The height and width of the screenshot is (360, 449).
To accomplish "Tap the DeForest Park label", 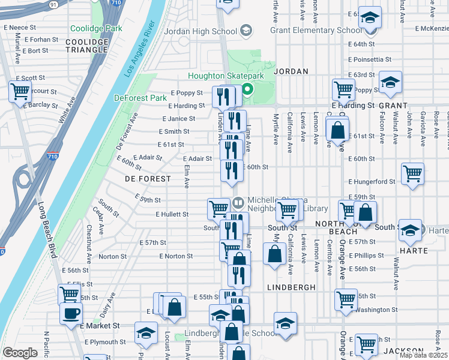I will [140, 98].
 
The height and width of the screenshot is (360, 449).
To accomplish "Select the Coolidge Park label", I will [96, 28].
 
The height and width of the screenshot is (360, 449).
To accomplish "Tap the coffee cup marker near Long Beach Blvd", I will [71, 313].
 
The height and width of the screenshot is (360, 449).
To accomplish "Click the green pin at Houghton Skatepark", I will [246, 91].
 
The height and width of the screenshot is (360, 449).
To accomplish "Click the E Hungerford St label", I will [372, 181].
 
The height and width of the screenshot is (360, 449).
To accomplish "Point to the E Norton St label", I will [176, 256].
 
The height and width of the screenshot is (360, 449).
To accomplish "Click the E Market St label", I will [100, 325].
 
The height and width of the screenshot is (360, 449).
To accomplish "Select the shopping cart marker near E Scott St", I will [20, 92].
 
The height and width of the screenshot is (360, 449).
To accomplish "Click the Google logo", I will [20, 353].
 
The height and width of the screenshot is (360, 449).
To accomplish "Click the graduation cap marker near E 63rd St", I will [390, 82].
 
